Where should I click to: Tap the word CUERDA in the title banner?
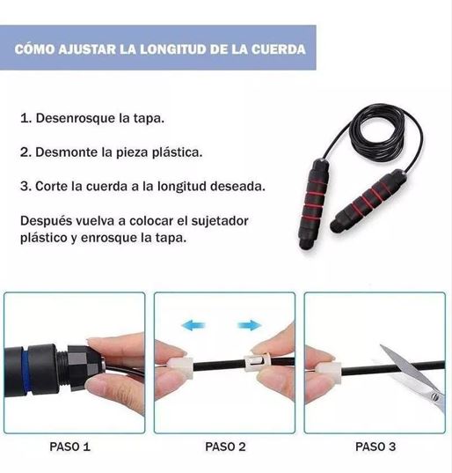(279, 49)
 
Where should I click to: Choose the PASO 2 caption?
(225, 447)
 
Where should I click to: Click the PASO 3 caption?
(375, 447)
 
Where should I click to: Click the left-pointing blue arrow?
(193, 326)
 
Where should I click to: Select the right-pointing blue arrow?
(250, 326)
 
